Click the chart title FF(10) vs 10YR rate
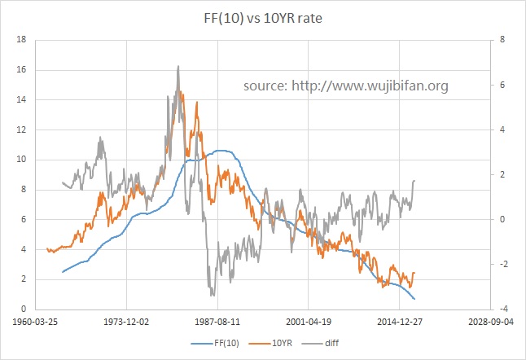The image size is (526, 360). click(262, 17)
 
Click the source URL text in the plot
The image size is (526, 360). click(345, 85)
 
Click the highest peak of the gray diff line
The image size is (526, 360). click(178, 67)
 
